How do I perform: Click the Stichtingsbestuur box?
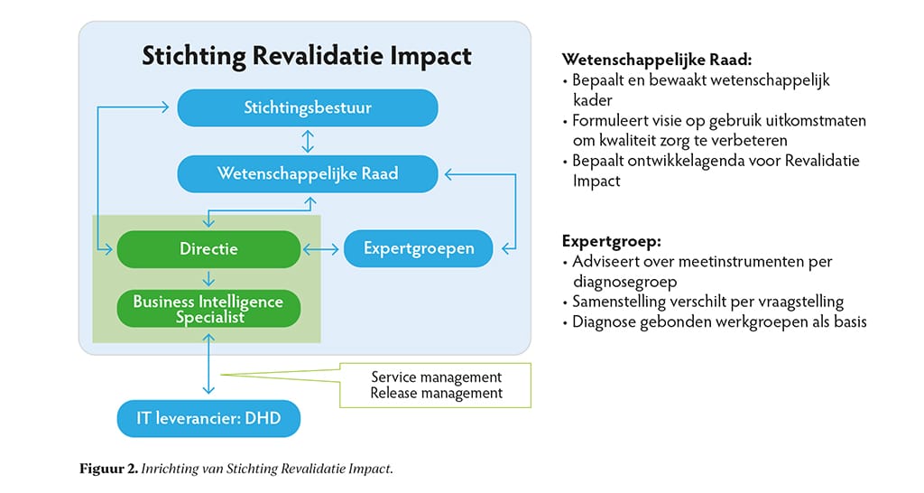(308, 108)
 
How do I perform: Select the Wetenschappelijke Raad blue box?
(308, 173)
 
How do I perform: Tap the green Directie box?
(208, 249)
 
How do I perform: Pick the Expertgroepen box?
(419, 248)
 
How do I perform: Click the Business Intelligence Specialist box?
(208, 309)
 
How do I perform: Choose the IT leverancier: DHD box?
(208, 419)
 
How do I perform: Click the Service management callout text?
(436, 377)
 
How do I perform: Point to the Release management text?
(436, 393)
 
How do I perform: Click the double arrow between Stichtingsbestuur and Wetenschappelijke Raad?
(308, 141)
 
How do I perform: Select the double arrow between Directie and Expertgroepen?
(321, 249)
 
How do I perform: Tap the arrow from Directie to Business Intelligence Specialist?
(208, 278)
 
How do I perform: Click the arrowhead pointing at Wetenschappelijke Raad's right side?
(449, 174)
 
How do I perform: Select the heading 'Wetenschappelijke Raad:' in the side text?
(657, 60)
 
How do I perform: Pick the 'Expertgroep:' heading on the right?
(612, 241)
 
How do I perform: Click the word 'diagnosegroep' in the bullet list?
(624, 282)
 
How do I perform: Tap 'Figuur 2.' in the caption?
(108, 469)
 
